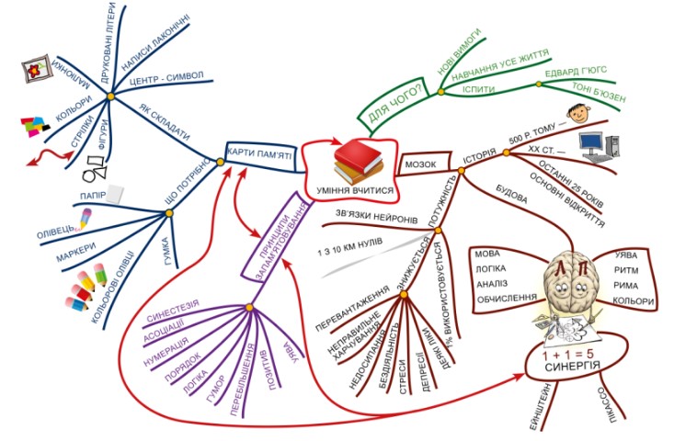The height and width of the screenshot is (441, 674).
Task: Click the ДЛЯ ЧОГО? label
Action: point(394,104)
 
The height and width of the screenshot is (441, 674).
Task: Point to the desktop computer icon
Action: point(600,144)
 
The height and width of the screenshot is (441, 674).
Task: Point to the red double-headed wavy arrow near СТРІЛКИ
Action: point(53,159)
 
